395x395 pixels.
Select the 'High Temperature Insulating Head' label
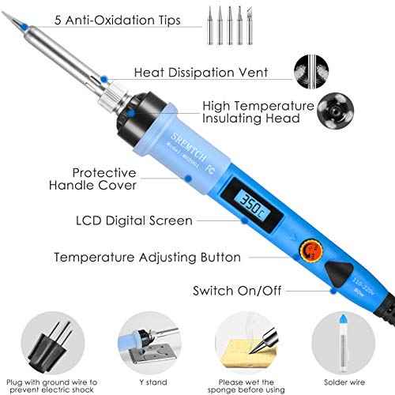point(253,111)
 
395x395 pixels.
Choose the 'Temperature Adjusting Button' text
point(147,257)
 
